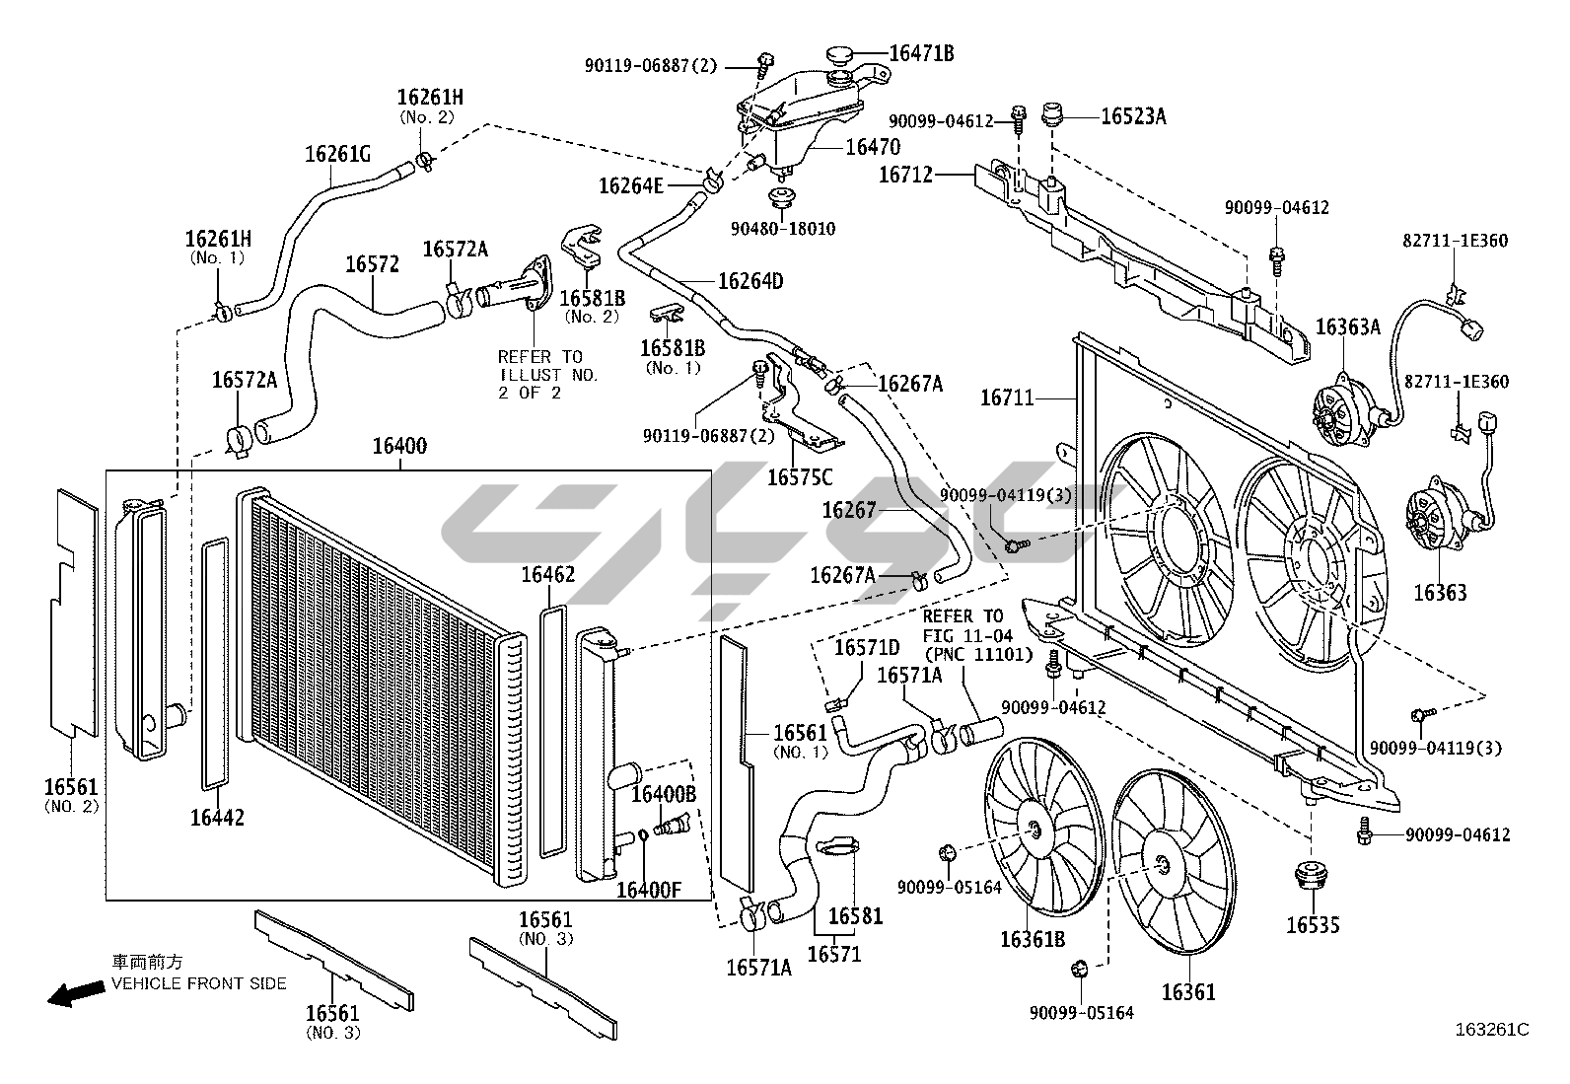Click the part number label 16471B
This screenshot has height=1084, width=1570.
[x=921, y=53]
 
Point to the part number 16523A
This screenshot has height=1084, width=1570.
[x=1132, y=116]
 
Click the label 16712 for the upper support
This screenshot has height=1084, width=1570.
[x=905, y=175]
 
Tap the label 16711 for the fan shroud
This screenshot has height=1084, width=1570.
[x=1007, y=397]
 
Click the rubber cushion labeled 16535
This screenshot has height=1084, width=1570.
[x=1313, y=878]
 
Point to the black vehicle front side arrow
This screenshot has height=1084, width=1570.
[x=75, y=993]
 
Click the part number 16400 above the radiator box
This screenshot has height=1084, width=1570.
[x=399, y=446]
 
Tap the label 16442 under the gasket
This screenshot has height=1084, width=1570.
[x=217, y=817]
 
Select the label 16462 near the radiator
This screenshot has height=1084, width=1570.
[x=548, y=574]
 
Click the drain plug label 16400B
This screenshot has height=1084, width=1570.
[x=664, y=794]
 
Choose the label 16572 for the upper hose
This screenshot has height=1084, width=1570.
[x=372, y=264]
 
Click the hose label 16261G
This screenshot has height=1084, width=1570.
[x=337, y=154]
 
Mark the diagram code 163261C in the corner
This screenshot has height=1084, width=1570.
[x=1491, y=1030]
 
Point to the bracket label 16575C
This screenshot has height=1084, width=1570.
[x=800, y=477]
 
